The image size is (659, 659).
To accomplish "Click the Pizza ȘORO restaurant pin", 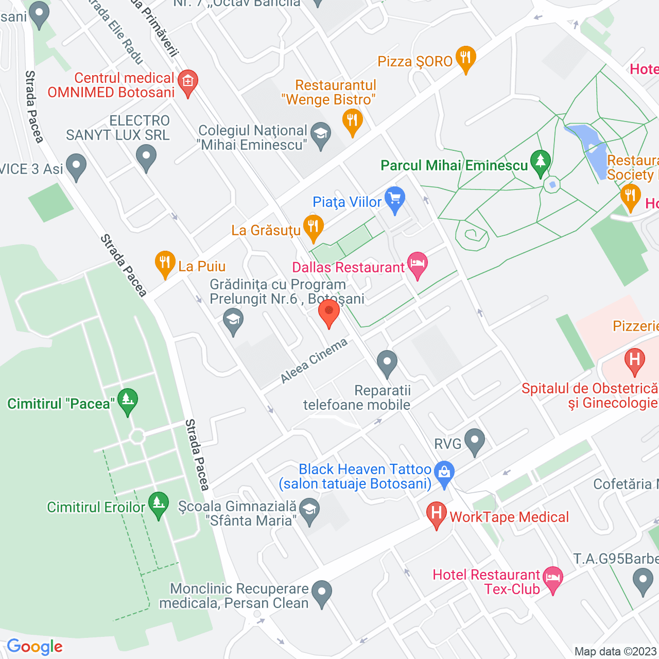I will click(x=465, y=58).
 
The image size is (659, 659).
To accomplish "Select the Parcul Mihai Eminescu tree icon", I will click(x=540, y=162).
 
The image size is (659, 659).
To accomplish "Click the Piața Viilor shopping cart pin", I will click(x=395, y=199).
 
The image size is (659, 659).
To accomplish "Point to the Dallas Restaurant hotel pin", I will click(x=417, y=265).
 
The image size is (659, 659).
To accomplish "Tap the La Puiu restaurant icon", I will click(x=165, y=264).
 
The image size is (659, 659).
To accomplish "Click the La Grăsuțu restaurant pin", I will click(x=313, y=228).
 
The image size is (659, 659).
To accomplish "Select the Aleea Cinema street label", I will click(x=314, y=361).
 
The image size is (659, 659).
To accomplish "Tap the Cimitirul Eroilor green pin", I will click(x=158, y=505).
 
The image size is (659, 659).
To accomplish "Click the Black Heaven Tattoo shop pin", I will click(x=444, y=473).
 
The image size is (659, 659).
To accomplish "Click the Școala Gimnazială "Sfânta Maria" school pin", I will click(x=309, y=511).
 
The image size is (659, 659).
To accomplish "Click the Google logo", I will click(x=35, y=647).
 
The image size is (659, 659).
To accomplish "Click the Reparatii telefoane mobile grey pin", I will click(x=387, y=362).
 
